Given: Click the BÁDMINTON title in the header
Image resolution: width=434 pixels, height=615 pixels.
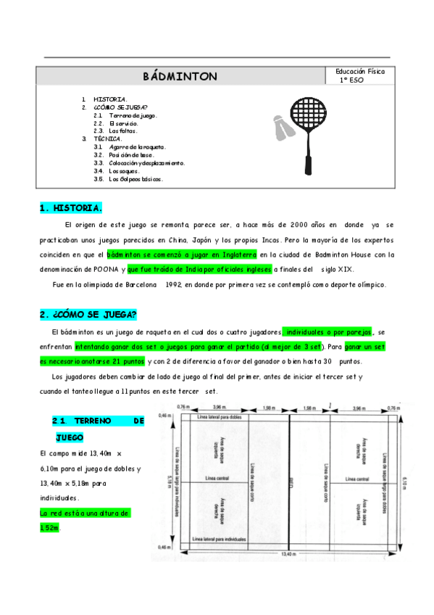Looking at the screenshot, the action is (180, 76).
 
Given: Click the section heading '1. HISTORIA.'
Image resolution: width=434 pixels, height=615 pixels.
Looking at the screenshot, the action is (70, 208).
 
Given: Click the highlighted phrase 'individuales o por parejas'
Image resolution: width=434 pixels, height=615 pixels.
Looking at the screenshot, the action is (328, 331).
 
